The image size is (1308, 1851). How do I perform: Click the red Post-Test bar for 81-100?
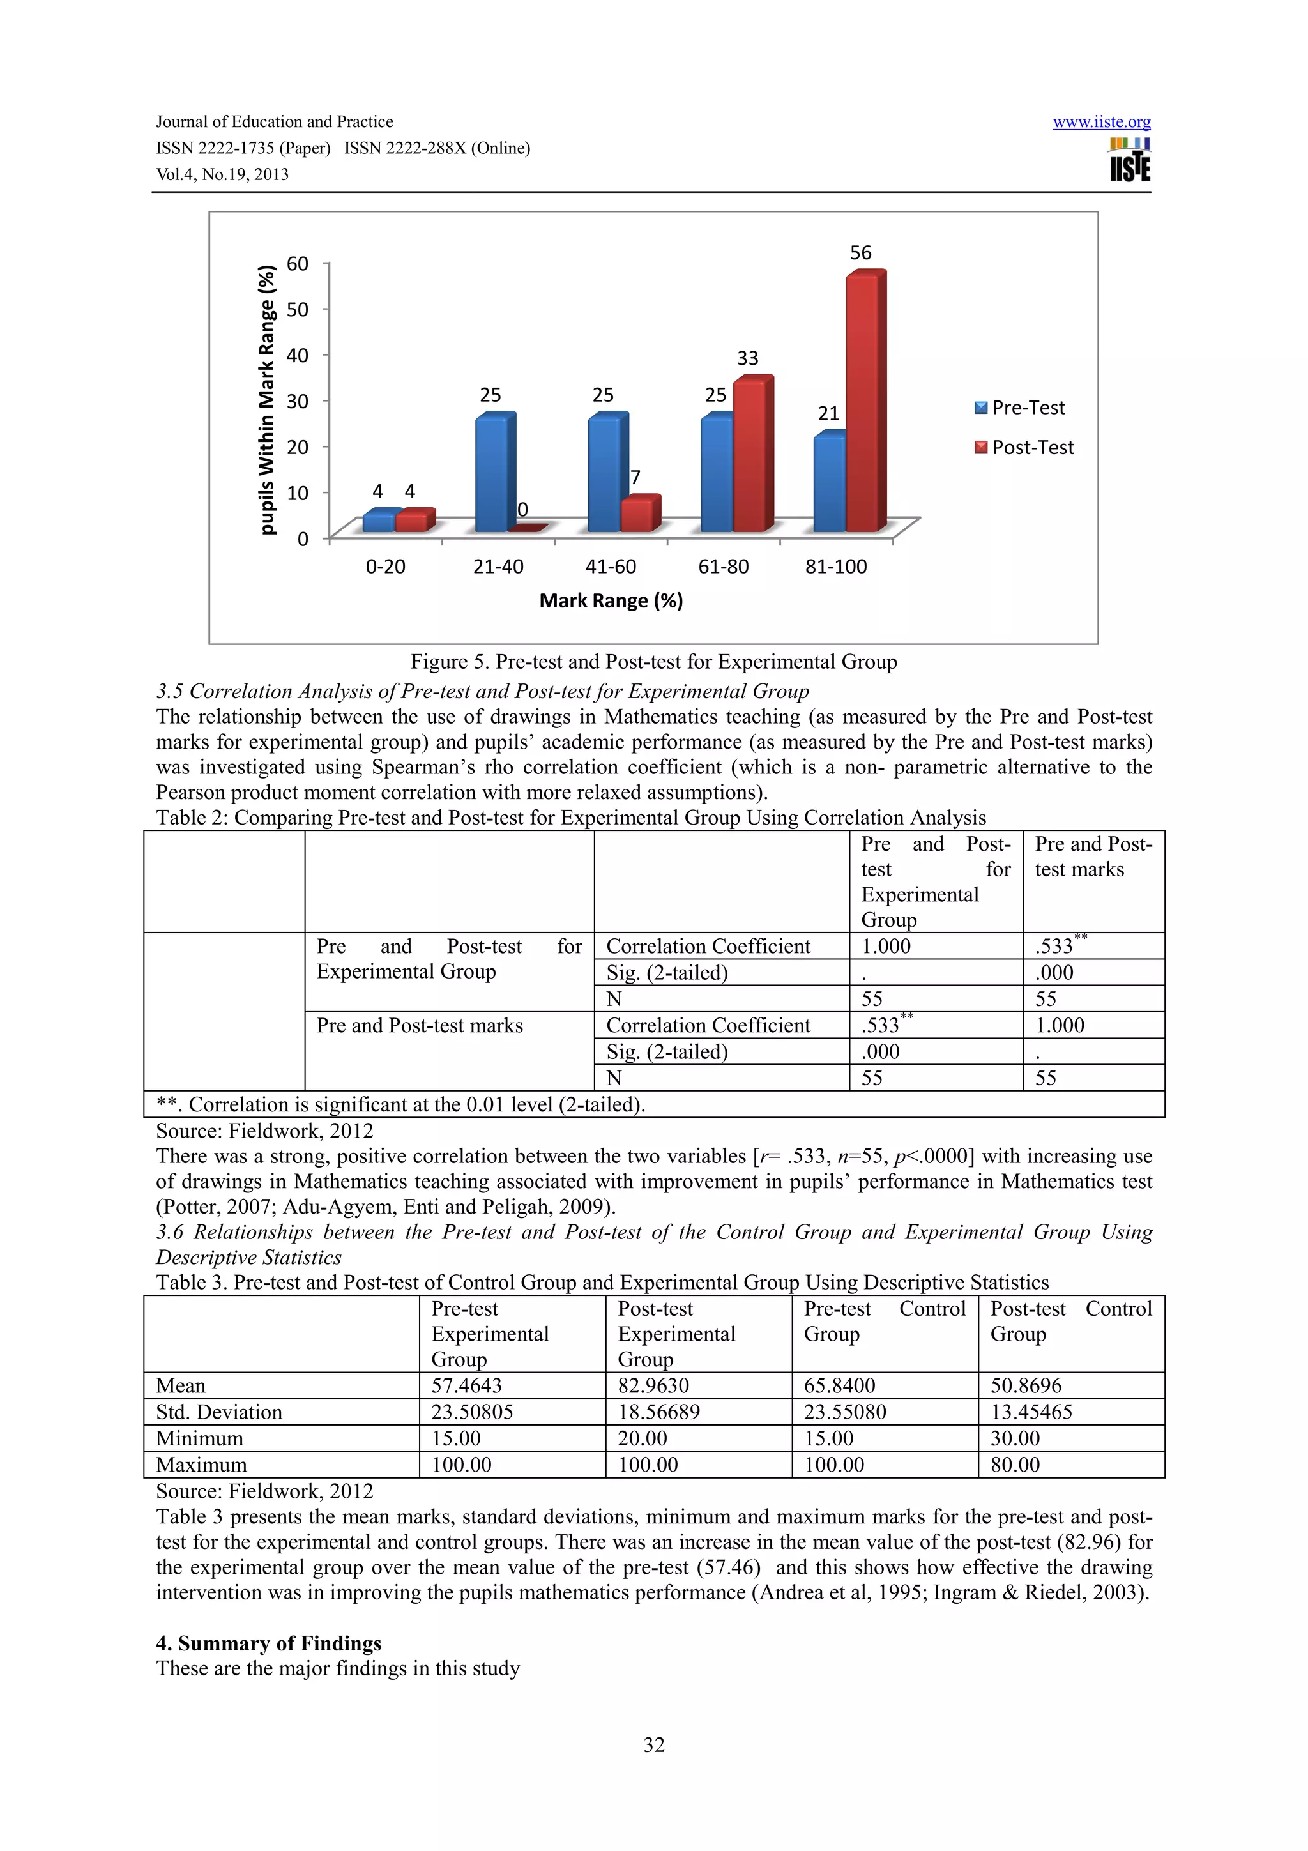pyautogui.click(x=864, y=403)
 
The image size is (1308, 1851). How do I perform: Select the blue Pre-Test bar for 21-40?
pyautogui.click(x=493, y=474)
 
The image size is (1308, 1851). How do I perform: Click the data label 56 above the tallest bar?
pyautogui.click(x=861, y=253)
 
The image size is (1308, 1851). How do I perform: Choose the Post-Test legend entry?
pyautogui.click(x=1024, y=448)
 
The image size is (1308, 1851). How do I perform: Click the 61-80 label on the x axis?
pyautogui.click(x=723, y=567)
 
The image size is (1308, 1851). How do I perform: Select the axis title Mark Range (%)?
pyautogui.click(x=611, y=600)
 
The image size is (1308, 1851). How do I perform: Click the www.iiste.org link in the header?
pyautogui.click(x=1101, y=122)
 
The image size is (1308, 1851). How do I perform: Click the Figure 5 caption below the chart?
pyautogui.click(x=653, y=662)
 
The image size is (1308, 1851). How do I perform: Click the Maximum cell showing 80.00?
pyautogui.click(x=1015, y=1464)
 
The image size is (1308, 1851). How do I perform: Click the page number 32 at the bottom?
pyautogui.click(x=653, y=1744)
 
